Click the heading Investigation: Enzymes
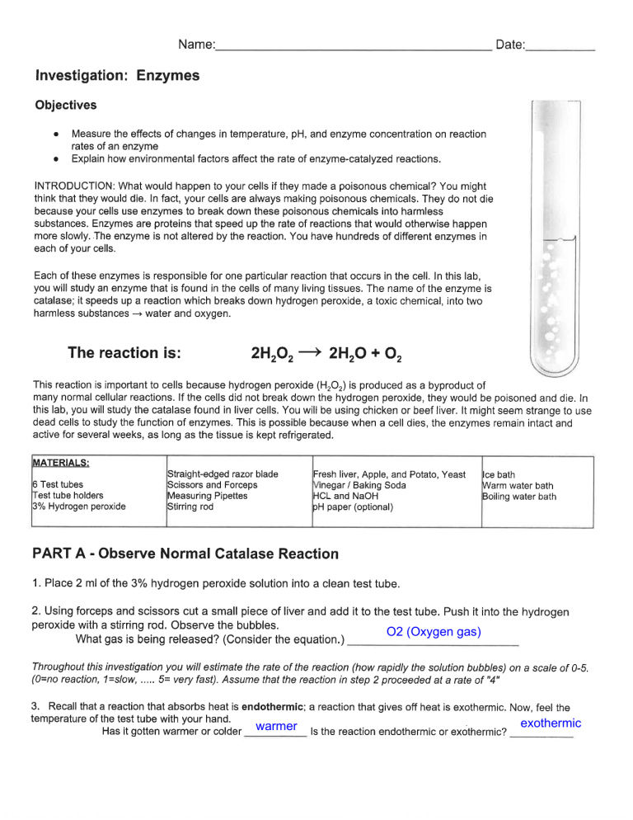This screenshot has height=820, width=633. click(x=118, y=76)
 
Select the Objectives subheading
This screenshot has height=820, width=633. click(x=66, y=105)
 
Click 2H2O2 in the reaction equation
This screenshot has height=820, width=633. click(x=272, y=355)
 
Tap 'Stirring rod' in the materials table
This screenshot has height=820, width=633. click(x=190, y=507)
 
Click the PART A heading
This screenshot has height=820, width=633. click(x=185, y=554)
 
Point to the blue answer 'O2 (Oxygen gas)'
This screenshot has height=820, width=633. click(x=434, y=633)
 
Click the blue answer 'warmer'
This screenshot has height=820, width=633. click(x=277, y=726)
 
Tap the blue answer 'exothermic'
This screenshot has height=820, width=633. click(x=551, y=723)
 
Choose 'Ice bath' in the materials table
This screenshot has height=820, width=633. click(x=499, y=475)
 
